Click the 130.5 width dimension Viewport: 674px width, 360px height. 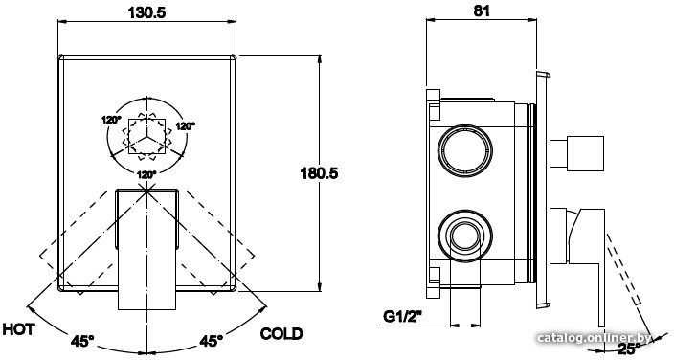coord(146,12)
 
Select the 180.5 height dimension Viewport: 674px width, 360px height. coord(319,173)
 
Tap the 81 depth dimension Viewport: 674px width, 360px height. coord(482,11)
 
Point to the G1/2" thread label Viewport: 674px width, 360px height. coord(402,318)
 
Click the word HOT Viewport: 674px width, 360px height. coord(18,330)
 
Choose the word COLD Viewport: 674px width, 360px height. coord(281,334)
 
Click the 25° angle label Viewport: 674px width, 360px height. coord(630,349)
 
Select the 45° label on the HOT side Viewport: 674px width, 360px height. coord(82,342)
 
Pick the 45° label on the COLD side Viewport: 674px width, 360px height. coord(211,341)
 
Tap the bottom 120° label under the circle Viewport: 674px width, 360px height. coord(146,175)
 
